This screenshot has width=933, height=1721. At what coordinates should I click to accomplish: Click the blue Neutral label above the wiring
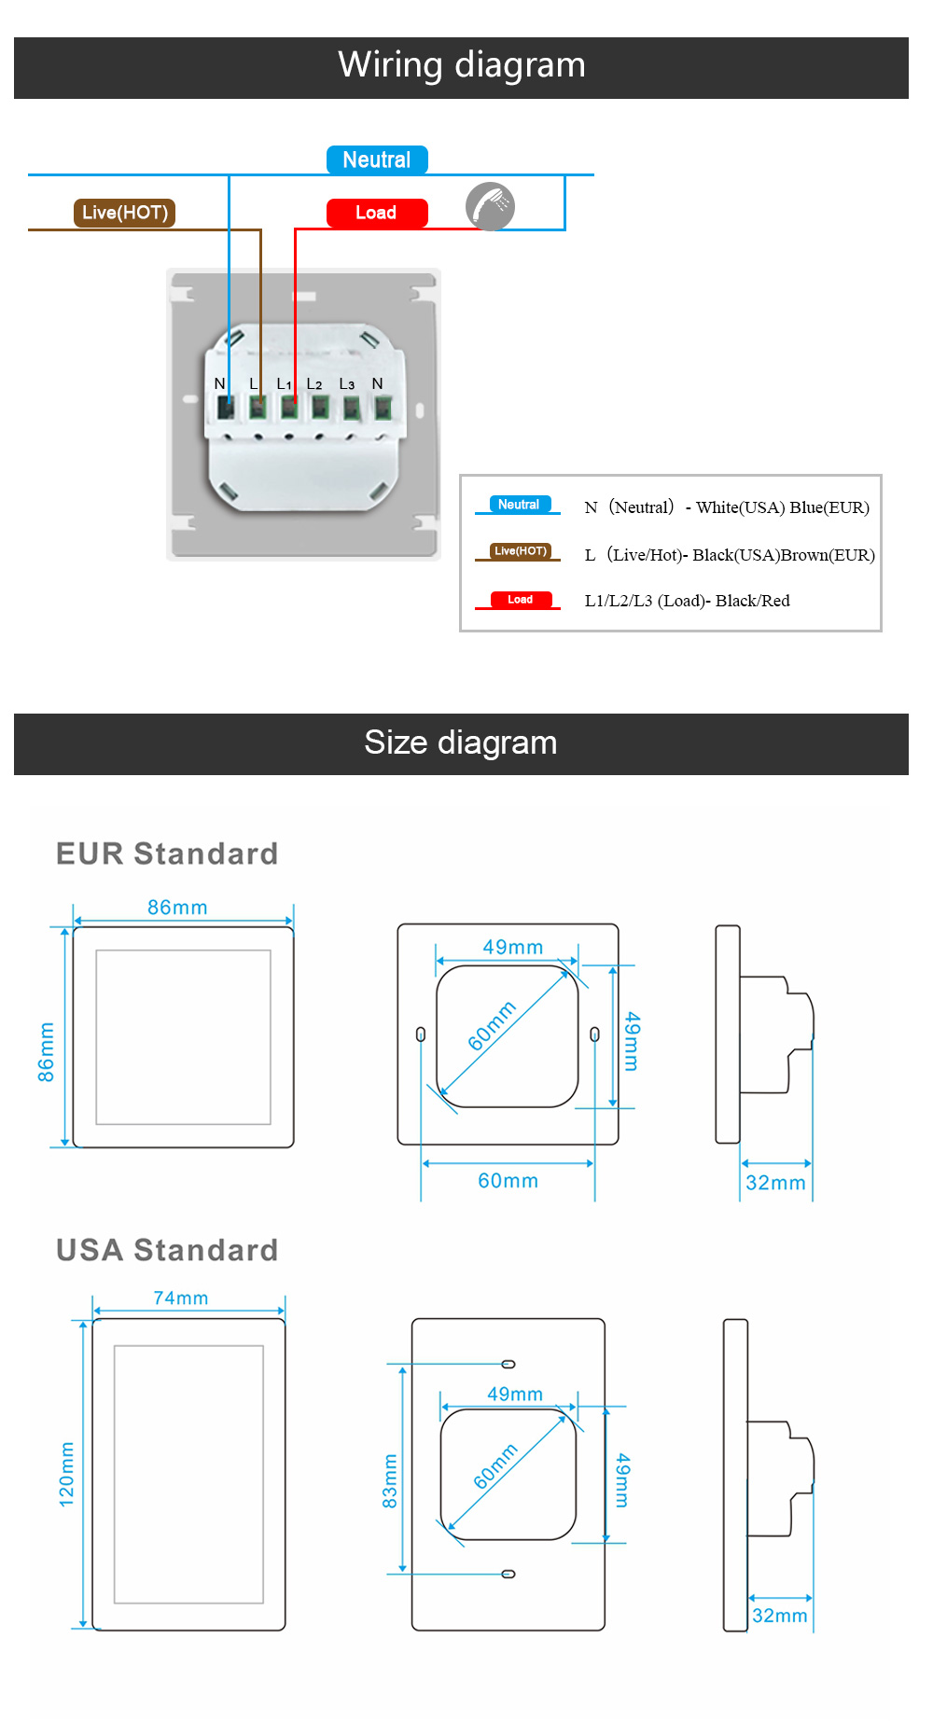click(377, 160)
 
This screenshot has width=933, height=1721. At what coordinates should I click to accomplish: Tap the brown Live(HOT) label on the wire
click(124, 213)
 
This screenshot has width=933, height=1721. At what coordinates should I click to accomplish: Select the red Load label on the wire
click(376, 213)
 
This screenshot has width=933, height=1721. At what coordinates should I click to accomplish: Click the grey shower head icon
click(490, 206)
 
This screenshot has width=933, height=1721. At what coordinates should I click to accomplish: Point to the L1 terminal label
click(284, 384)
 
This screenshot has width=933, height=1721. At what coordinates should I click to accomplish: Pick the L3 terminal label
click(346, 384)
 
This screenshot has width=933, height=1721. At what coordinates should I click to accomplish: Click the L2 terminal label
click(314, 384)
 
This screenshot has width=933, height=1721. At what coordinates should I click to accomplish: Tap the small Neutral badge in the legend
click(519, 505)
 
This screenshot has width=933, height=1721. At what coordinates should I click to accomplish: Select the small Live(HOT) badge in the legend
click(521, 551)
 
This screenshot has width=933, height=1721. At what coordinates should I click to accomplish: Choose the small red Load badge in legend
click(521, 600)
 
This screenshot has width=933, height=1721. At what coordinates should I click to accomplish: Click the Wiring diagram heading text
click(462, 65)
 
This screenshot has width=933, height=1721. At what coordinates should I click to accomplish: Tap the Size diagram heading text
click(461, 743)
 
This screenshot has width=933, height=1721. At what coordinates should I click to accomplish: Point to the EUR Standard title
click(167, 854)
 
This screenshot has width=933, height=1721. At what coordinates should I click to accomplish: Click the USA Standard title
click(167, 1250)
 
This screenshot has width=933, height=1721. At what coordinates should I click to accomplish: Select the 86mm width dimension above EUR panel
click(177, 908)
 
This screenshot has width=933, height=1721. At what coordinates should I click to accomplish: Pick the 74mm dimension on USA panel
click(181, 1298)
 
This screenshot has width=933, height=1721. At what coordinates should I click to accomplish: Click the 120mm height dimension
click(66, 1474)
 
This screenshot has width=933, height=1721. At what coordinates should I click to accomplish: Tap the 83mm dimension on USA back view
click(390, 1481)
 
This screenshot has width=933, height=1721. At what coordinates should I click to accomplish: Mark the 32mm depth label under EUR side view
click(775, 1183)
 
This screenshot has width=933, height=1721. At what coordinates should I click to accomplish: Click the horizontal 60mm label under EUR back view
click(508, 1181)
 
